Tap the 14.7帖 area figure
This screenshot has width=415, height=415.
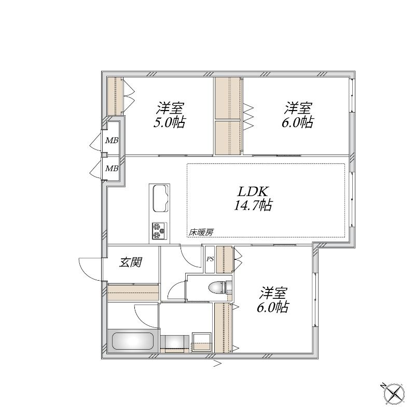pos(253,205)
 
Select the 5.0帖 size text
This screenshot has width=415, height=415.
pos(170,122)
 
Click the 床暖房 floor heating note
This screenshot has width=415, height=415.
pos(201,232)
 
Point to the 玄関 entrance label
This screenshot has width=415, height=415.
pos(131,262)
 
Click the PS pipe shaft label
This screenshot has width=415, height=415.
pos(210,259)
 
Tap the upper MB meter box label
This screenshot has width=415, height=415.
pos(112,141)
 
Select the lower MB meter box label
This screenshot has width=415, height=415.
pos(112,168)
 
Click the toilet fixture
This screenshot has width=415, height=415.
pos(220,288)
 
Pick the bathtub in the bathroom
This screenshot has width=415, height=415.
pos(133,341)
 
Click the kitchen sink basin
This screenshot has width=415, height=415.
pos(161,198)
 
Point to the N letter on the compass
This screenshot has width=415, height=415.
pos(383,385)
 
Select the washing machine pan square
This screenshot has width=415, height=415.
pos(201,342)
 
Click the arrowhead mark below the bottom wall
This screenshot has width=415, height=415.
pos(217,364)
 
